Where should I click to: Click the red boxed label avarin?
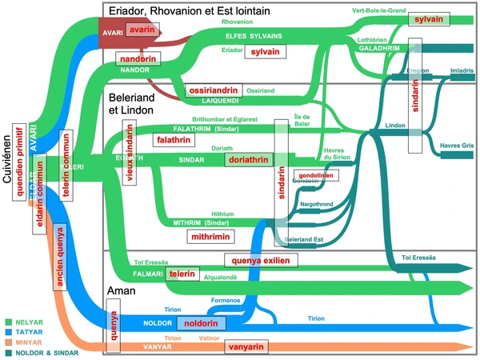(144, 31)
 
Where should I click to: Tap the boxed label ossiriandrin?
(214, 90)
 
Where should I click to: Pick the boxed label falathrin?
(174, 139)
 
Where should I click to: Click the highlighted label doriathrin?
(248, 160)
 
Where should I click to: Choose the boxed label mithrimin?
(209, 237)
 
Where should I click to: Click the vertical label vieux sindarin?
(129, 154)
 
